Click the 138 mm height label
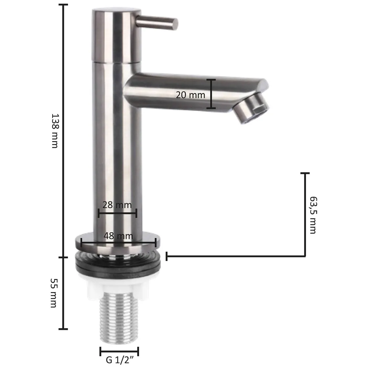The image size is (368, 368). click(55, 131)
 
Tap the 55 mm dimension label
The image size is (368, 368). click(54, 293)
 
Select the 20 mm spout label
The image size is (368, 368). click(190, 95)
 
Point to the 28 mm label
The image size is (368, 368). click(117, 205)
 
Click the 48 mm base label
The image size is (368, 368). click(118, 236)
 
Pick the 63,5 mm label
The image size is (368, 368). click(313, 215)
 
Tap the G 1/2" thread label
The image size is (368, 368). click(120, 359)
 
